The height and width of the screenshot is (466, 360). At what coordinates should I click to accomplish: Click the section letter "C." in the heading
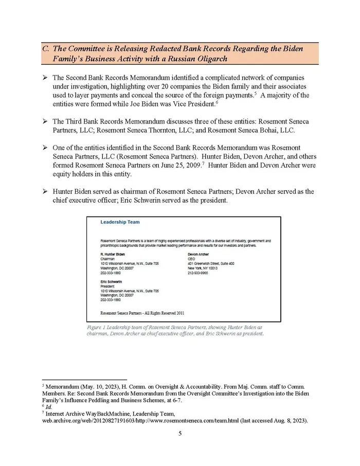45,49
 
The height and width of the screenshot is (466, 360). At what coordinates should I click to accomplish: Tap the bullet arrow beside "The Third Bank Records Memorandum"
45,122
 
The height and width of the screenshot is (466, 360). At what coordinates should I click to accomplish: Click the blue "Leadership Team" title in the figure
120,222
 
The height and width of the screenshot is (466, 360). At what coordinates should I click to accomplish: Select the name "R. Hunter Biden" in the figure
112,254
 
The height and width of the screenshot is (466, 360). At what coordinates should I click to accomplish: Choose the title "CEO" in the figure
192,259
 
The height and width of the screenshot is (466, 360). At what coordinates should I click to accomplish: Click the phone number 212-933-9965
199,273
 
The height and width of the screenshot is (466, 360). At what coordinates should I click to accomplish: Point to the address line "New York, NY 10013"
203,268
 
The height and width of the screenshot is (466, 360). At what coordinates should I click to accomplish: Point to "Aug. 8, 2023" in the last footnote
290,421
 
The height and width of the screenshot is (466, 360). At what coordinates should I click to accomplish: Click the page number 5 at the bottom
180,434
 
